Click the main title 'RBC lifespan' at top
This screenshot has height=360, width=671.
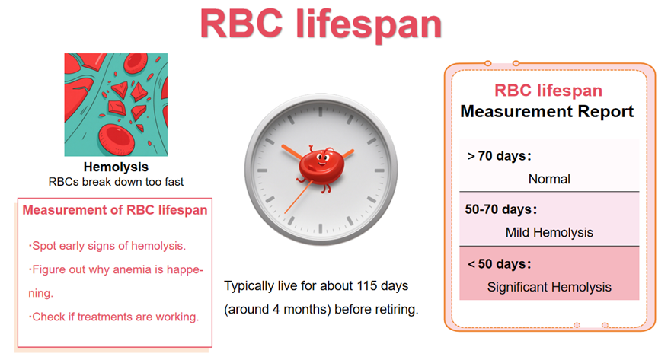321,25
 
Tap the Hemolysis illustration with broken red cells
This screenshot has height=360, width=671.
116,105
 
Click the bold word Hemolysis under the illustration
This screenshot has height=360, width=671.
116,167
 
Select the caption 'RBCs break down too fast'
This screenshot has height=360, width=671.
116,182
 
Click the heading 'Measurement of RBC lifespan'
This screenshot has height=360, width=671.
115,210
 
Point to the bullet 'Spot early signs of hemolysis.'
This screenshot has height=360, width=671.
107,246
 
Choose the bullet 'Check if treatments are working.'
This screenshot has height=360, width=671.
113,317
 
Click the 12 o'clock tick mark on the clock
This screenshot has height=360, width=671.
321,112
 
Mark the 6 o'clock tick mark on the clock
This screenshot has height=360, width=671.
321,228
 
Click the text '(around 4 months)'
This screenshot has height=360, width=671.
277,309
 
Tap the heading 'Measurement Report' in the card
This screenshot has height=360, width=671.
547,111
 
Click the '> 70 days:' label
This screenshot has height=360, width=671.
500,156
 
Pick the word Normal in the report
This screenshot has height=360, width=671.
549,179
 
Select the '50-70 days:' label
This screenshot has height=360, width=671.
501,209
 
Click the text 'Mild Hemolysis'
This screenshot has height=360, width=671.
549,233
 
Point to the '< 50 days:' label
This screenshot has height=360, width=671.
500,264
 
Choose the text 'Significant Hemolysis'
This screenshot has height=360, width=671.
549,288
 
